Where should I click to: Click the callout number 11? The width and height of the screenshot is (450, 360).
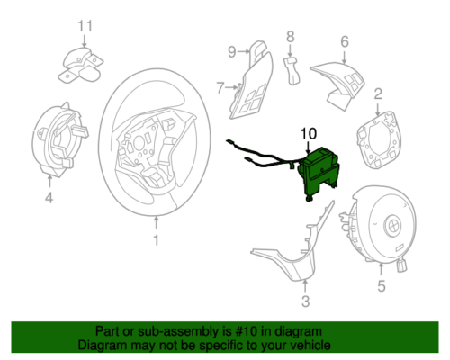[x=85, y=26]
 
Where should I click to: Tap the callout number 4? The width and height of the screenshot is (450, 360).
[x=49, y=198]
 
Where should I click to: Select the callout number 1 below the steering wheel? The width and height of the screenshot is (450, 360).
[x=156, y=240]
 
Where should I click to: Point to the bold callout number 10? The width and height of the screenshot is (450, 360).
[x=309, y=133]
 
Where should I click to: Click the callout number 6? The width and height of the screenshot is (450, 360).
[x=345, y=41]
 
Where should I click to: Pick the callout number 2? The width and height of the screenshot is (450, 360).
[x=378, y=94]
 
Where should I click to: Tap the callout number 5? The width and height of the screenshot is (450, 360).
[x=381, y=285]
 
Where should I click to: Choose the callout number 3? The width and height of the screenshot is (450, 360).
[x=305, y=301]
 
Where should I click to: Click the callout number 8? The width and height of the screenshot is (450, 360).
[x=290, y=37]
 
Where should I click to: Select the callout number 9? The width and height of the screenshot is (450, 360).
[x=232, y=52]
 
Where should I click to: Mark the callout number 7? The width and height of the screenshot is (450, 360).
[x=220, y=87]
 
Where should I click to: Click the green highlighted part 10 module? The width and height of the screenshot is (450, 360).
[x=319, y=173]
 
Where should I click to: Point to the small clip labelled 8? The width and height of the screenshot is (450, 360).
[x=292, y=71]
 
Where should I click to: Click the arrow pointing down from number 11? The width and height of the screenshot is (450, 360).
[x=85, y=40]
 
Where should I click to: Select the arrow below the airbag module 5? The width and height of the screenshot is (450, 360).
[x=381, y=269]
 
